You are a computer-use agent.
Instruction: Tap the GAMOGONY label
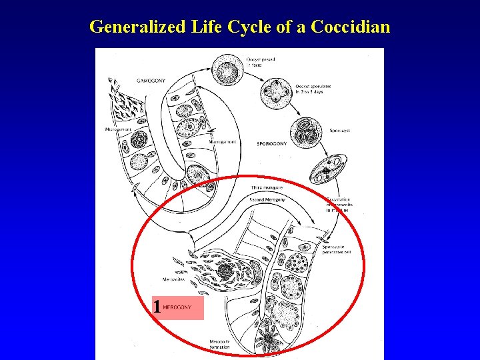click(x=150, y=80)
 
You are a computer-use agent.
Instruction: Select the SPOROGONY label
click(x=272, y=143)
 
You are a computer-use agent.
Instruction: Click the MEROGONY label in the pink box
click(x=177, y=307)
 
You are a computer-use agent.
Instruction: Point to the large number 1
click(x=157, y=307)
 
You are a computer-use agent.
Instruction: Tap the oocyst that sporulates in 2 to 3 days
click(x=276, y=93)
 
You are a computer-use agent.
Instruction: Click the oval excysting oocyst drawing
click(x=326, y=167)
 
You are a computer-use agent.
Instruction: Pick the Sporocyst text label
click(x=339, y=131)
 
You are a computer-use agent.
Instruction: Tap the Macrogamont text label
click(x=223, y=142)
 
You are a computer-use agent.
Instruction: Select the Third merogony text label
click(x=266, y=189)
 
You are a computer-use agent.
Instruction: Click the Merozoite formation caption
click(x=219, y=344)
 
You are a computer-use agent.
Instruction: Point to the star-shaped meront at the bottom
click(x=269, y=339)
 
